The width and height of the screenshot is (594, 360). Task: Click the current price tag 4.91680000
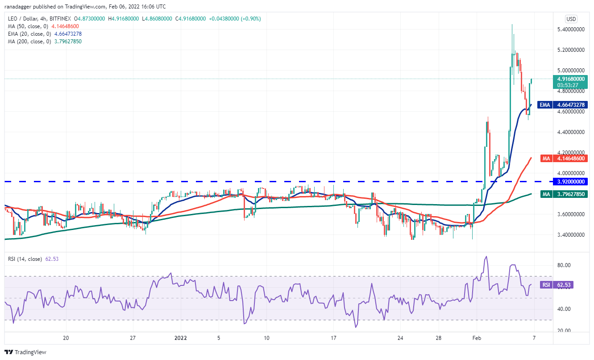(572, 79)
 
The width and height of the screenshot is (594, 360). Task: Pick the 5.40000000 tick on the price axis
(572, 29)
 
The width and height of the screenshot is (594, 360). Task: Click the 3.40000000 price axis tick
(572, 234)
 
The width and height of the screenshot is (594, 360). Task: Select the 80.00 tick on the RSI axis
(565, 265)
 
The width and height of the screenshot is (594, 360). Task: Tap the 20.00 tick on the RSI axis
(565, 331)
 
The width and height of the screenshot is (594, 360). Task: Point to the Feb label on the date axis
(477, 338)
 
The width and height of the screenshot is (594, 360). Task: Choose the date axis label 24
(400, 338)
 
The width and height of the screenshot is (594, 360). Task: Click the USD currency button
(571, 19)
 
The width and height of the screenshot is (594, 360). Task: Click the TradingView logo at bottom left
(26, 352)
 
